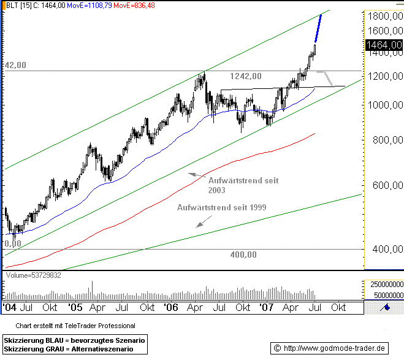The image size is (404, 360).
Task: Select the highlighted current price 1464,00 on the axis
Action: [x=383, y=45]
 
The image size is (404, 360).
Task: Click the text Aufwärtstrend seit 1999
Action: [x=221, y=207]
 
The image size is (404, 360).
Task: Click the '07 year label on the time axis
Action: [x=266, y=307]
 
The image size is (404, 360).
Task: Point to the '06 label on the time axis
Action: [x=171, y=307]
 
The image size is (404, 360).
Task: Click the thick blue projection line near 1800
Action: [x=319, y=27]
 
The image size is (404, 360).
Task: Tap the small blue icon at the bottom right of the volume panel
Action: [x=387, y=307]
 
